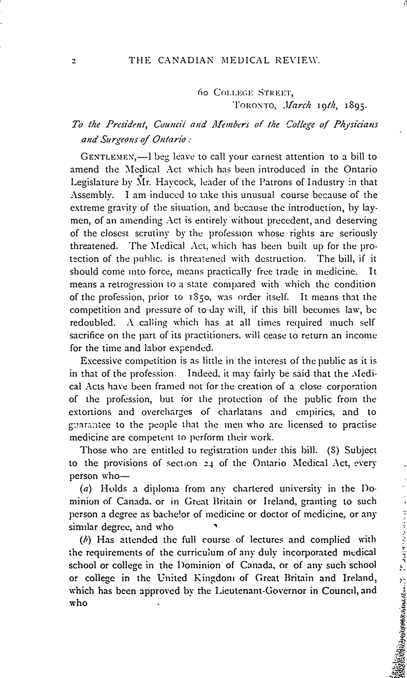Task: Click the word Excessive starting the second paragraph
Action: [100, 361]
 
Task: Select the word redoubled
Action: [92, 323]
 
